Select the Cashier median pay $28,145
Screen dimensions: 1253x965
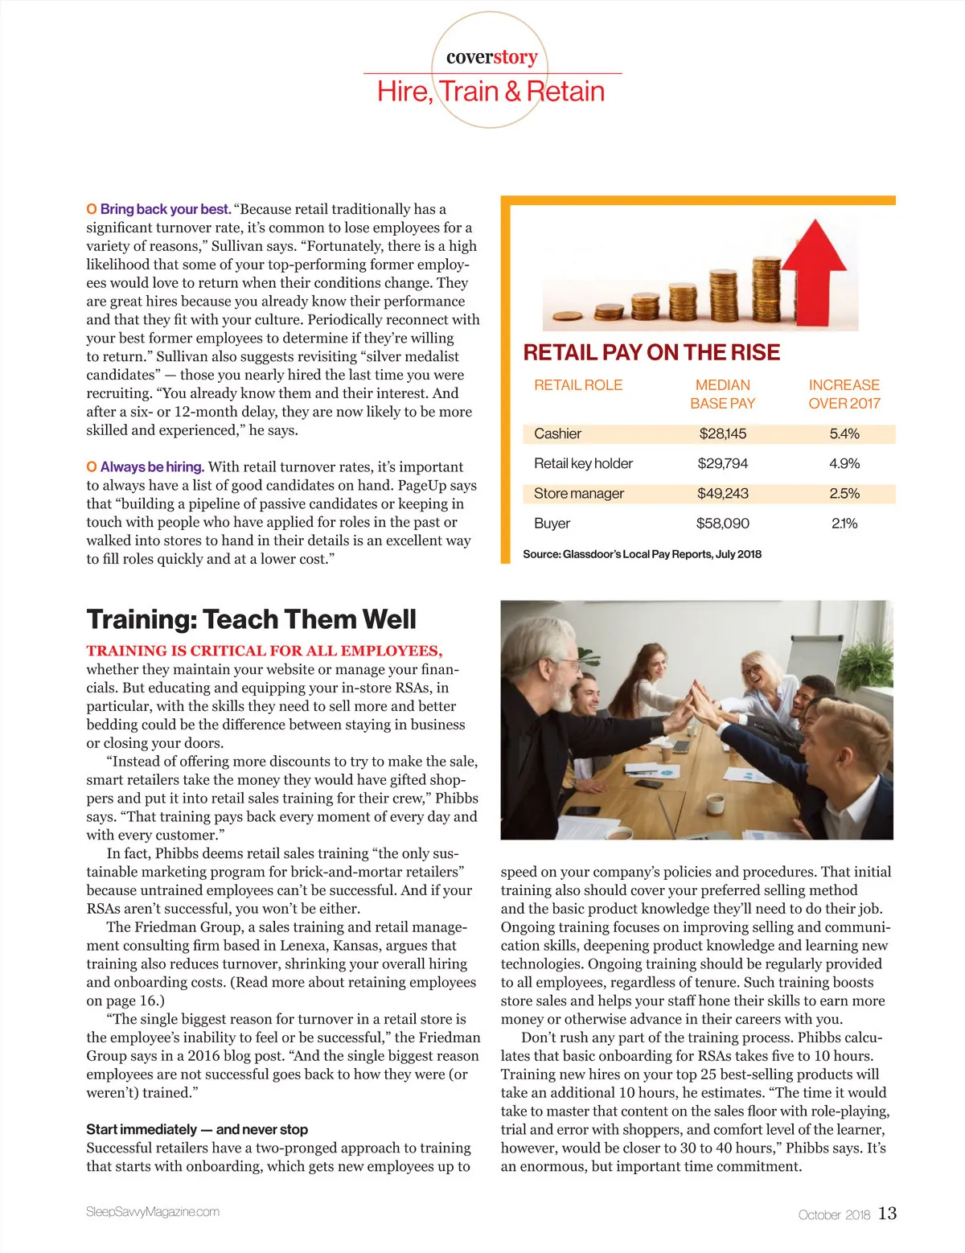(722, 434)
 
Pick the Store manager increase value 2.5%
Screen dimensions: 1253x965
(844, 494)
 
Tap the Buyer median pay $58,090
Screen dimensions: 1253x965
(722, 524)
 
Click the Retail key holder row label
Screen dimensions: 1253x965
(583, 464)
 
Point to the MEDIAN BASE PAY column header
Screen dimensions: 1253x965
(722, 394)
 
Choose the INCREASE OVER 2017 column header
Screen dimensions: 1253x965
(844, 394)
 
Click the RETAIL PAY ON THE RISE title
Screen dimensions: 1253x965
(651, 352)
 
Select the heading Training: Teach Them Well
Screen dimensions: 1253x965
(251, 619)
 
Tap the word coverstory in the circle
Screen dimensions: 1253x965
(491, 57)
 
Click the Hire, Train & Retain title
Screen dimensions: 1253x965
(491, 92)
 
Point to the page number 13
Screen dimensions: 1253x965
(887, 1214)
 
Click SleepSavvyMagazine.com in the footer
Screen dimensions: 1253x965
(153, 1212)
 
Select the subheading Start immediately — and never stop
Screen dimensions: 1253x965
(197, 1129)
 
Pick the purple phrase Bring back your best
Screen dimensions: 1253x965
(165, 209)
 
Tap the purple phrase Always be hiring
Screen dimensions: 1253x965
(152, 467)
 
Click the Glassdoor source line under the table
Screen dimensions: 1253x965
(642, 554)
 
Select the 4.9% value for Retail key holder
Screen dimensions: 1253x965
(844, 464)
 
